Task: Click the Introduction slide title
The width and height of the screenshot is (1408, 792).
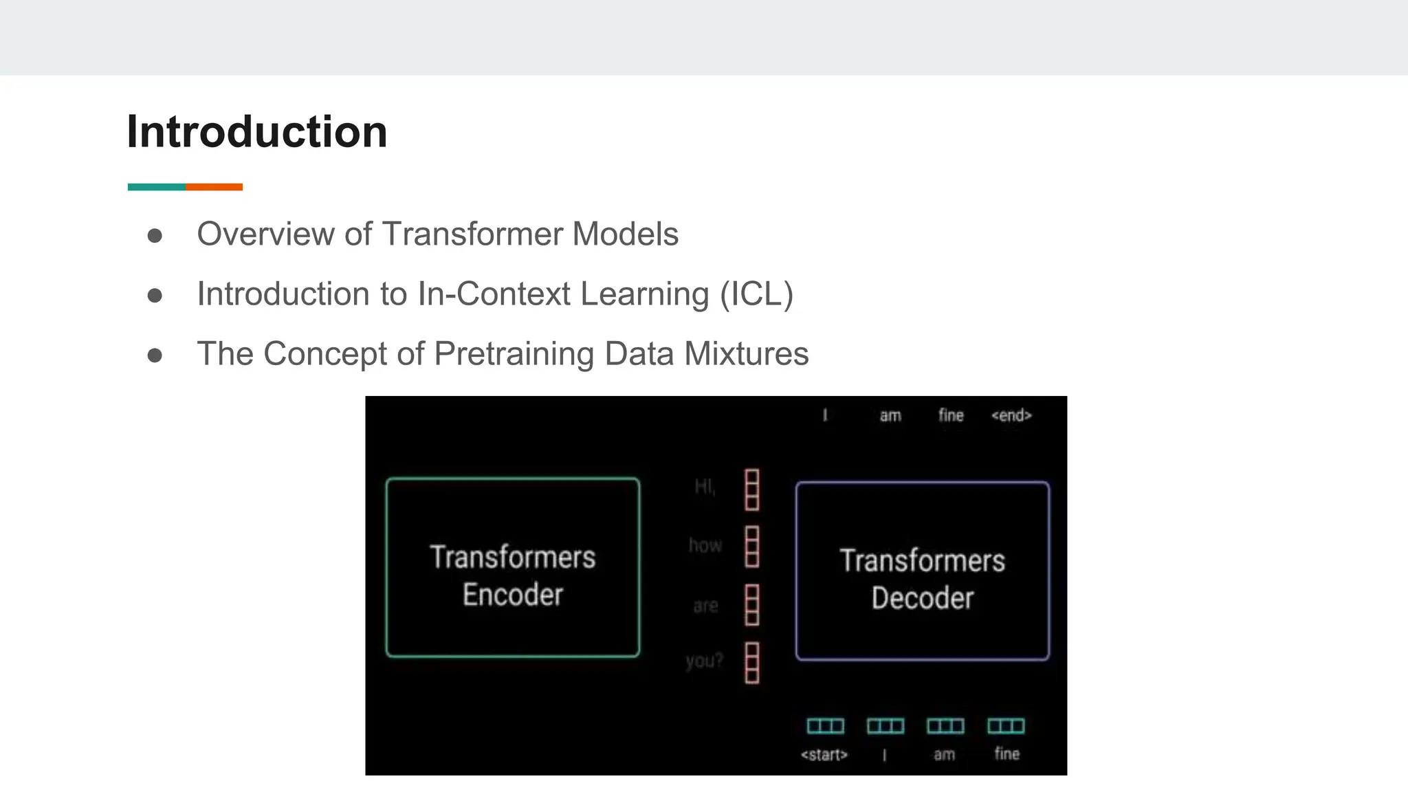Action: click(x=257, y=131)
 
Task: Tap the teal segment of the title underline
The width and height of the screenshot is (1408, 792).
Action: click(x=157, y=187)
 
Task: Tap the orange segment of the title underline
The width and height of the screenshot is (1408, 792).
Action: click(x=214, y=187)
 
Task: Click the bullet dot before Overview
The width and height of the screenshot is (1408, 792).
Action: click(x=155, y=236)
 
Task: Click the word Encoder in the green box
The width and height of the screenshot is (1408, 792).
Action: click(x=513, y=594)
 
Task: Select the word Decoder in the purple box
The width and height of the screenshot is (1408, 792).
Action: click(x=923, y=597)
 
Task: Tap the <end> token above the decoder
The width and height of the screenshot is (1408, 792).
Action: click(x=1011, y=415)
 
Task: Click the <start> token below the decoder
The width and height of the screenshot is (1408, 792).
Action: click(x=824, y=755)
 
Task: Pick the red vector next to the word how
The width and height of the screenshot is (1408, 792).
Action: click(x=752, y=547)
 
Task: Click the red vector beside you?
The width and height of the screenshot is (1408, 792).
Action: click(x=752, y=663)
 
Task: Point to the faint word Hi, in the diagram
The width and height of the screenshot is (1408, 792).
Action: click(x=705, y=487)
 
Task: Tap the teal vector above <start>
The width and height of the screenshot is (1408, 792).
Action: click(x=825, y=726)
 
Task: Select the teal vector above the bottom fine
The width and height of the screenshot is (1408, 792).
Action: click(x=1006, y=726)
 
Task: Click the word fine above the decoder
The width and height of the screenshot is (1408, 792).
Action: click(x=951, y=415)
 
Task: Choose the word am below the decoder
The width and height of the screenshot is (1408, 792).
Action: click(x=944, y=755)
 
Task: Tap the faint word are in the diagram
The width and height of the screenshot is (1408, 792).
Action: click(x=705, y=606)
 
